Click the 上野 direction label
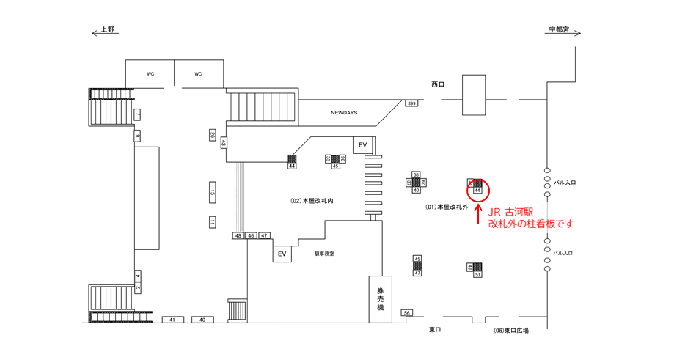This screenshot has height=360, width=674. pos(108,30)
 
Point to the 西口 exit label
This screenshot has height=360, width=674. pos(438,84)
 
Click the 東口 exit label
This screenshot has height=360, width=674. pos(436,330)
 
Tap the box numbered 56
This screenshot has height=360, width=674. pos(407,313)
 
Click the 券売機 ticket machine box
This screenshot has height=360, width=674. pos(380,299)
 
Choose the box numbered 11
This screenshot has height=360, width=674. pos(213,222)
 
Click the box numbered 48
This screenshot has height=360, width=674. pos(238,235)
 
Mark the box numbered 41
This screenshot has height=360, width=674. pos(172,320)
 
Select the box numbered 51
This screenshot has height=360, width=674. pos(477,274)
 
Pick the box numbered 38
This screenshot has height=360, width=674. pos(416,175)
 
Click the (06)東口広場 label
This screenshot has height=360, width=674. pos(511,331)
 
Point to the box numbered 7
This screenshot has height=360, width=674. pos(137,114)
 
